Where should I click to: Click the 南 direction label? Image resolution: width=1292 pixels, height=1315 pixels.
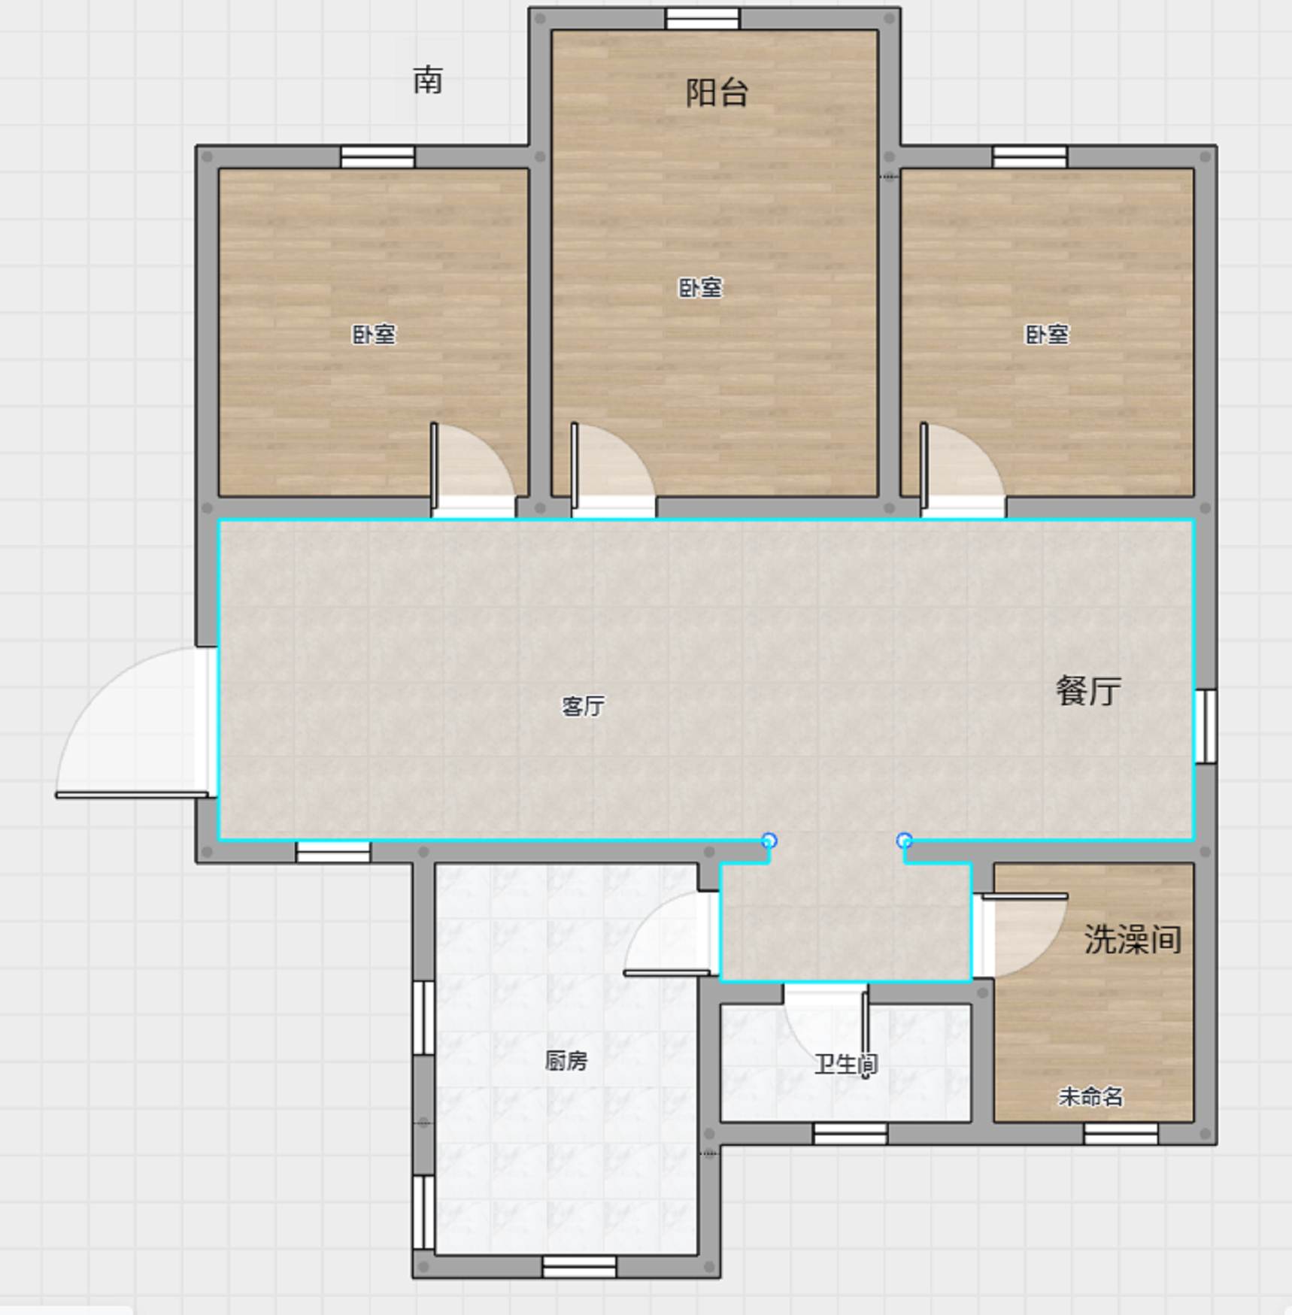pyautogui.click(x=427, y=80)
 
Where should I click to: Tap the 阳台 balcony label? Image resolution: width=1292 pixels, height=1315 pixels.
pyautogui.click(x=717, y=92)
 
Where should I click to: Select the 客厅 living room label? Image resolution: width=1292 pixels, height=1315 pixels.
pyautogui.click(x=583, y=706)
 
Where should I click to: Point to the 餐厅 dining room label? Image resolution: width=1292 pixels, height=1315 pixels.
pyautogui.click(x=1088, y=690)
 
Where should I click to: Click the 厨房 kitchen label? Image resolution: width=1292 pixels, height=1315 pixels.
pyautogui.click(x=566, y=1060)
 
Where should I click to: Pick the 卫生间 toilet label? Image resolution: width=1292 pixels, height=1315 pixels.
pyautogui.click(x=846, y=1064)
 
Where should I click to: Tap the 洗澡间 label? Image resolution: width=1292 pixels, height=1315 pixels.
pyautogui.click(x=1133, y=939)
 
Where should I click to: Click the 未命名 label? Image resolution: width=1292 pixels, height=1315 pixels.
pyautogui.click(x=1090, y=1097)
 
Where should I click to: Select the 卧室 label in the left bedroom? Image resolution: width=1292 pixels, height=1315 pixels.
pyautogui.click(x=374, y=334)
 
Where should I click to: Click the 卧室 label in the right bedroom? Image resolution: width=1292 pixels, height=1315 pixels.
pyautogui.click(x=1047, y=334)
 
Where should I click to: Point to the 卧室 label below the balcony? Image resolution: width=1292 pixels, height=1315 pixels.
pyautogui.click(x=700, y=287)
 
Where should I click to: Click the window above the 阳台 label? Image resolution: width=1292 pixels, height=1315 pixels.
pyautogui.click(x=702, y=18)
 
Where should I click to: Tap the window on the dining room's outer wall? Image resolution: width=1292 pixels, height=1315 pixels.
pyautogui.click(x=1206, y=726)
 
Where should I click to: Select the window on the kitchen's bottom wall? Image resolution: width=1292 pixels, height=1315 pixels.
pyautogui.click(x=579, y=1266)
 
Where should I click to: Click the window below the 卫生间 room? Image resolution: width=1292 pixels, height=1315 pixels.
pyautogui.click(x=850, y=1133)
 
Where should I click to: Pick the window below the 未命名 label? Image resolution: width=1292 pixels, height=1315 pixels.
pyautogui.click(x=1121, y=1133)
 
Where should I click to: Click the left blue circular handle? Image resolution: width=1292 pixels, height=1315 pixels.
pyautogui.click(x=769, y=841)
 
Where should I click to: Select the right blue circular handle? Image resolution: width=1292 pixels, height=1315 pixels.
pyautogui.click(x=905, y=841)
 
